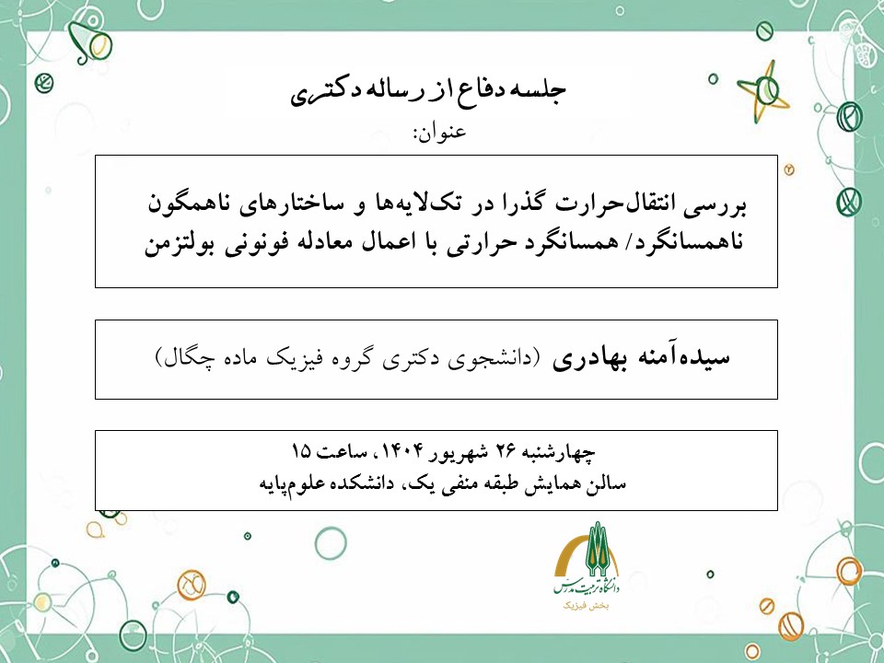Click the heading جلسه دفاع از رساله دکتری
[431, 91]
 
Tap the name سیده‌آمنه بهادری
[642, 359]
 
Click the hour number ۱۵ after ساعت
[300, 452]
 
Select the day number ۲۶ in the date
[506, 452]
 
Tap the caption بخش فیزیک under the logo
[590, 607]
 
